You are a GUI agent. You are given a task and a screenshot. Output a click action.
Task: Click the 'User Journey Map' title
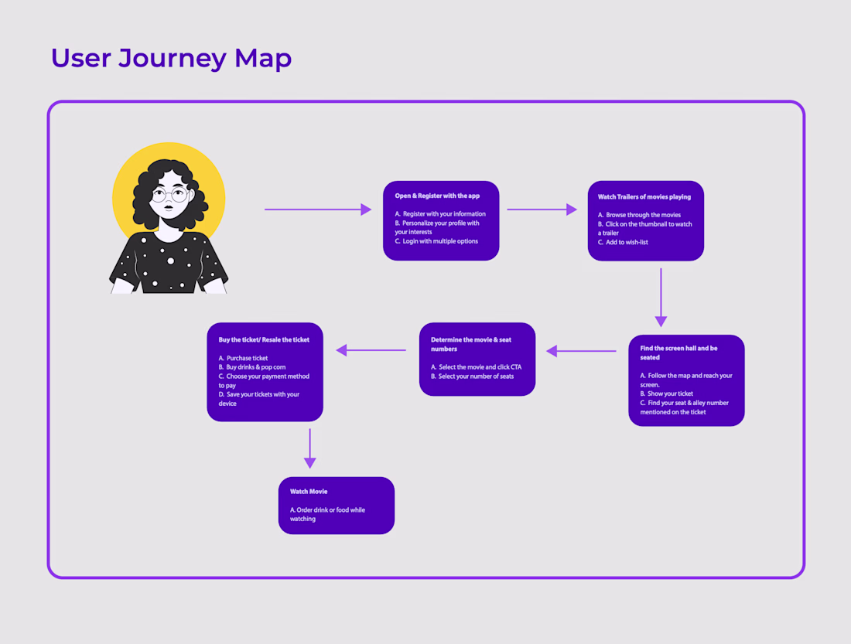click(x=171, y=58)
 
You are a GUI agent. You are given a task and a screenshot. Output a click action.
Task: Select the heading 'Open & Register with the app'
click(x=437, y=196)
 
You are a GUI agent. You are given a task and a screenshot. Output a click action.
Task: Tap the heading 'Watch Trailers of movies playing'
click(x=644, y=197)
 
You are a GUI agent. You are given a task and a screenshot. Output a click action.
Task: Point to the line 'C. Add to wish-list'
click(x=623, y=242)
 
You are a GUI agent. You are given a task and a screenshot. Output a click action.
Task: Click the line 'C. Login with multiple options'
click(x=436, y=241)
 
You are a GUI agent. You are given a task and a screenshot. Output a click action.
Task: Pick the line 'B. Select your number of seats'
click(x=472, y=377)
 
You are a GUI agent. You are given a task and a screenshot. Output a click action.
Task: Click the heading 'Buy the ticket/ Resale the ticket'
click(x=264, y=339)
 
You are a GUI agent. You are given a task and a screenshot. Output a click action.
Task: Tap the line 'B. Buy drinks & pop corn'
click(x=251, y=367)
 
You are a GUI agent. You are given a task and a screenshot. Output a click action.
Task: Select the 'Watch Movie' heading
click(x=309, y=492)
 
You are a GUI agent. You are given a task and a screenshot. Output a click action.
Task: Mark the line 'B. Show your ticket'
click(x=666, y=394)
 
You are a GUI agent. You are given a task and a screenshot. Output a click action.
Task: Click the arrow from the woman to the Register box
click(x=317, y=210)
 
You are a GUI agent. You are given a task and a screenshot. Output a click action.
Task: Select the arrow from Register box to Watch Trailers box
click(x=542, y=210)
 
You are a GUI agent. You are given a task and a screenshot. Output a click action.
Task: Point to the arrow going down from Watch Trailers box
click(x=661, y=298)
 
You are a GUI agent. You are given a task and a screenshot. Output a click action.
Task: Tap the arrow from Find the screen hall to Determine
click(x=581, y=351)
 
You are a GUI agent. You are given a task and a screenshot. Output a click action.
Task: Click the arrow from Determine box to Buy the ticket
click(x=371, y=350)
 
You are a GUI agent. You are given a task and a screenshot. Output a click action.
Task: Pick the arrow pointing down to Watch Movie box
click(x=310, y=448)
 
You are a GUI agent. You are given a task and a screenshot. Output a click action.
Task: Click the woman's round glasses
click(x=169, y=193)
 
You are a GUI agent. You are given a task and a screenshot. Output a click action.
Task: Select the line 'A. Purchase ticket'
click(x=243, y=358)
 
